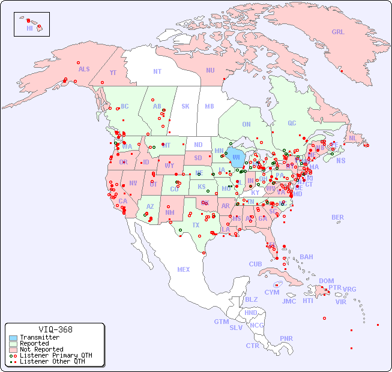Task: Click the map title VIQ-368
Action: pyautogui.click(x=55, y=329)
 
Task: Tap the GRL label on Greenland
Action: pyautogui.click(x=338, y=32)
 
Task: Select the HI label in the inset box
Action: pyautogui.click(x=29, y=28)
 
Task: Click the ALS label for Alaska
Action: pyautogui.click(x=84, y=69)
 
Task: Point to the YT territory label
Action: pyautogui.click(x=113, y=73)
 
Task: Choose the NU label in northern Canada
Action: pyautogui.click(x=210, y=70)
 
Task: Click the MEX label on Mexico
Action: pyautogui.click(x=184, y=269)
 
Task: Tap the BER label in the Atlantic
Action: pyautogui.click(x=337, y=217)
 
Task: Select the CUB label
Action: pyautogui.click(x=255, y=264)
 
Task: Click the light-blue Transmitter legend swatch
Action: pyautogui.click(x=13, y=338)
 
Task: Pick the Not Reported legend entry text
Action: pyautogui.click(x=41, y=349)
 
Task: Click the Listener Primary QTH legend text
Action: pyautogui.click(x=56, y=355)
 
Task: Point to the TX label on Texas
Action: pyautogui.click(x=196, y=225)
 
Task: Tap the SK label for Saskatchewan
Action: pyautogui.click(x=185, y=106)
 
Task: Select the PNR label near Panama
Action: pyautogui.click(x=286, y=338)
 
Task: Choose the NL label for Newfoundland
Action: pyautogui.click(x=352, y=138)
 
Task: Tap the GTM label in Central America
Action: pyautogui.click(x=221, y=322)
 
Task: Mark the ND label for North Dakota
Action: pyautogui.click(x=198, y=145)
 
